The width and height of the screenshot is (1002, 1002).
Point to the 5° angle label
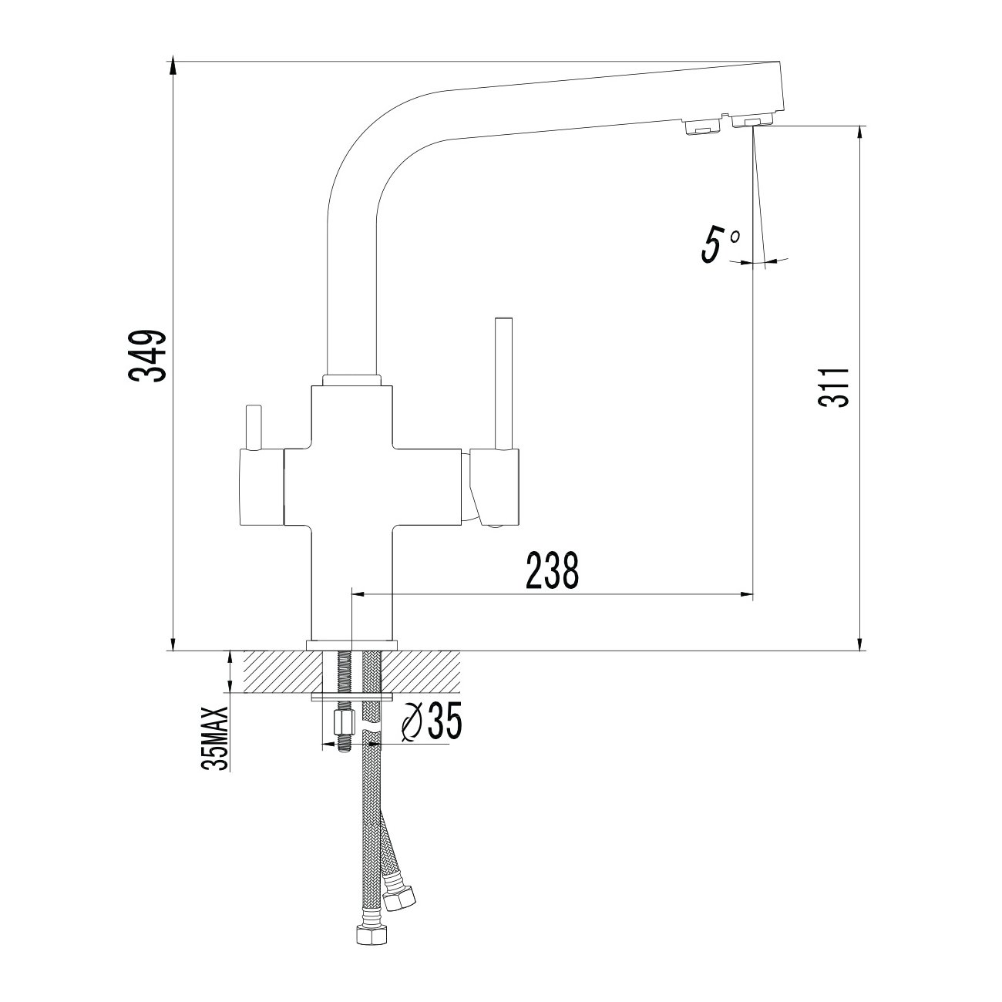tap(720, 244)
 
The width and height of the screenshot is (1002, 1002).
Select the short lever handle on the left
tap(254, 426)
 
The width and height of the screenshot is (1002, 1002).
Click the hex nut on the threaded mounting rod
tap(343, 721)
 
